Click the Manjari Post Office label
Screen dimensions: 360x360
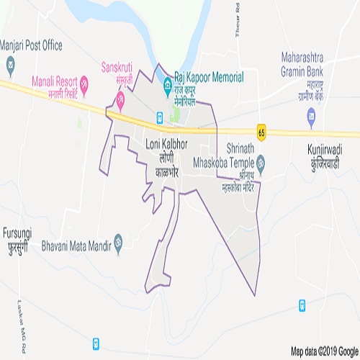32,45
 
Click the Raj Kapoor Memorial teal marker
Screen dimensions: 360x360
167,81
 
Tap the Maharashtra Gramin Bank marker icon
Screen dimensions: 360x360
311,114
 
